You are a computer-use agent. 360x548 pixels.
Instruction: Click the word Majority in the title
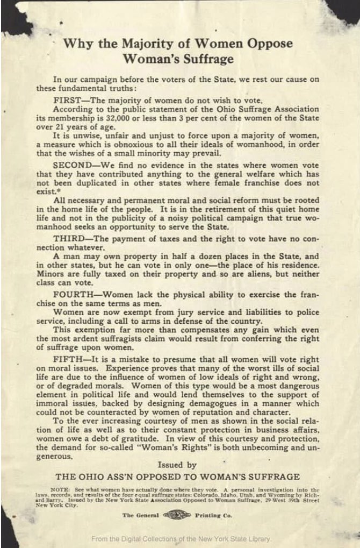[x=129, y=44]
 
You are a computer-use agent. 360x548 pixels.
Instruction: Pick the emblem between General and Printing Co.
[x=176, y=515]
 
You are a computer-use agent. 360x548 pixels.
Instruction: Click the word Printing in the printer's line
[x=203, y=515]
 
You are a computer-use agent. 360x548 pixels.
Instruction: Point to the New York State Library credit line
[x=181, y=538]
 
